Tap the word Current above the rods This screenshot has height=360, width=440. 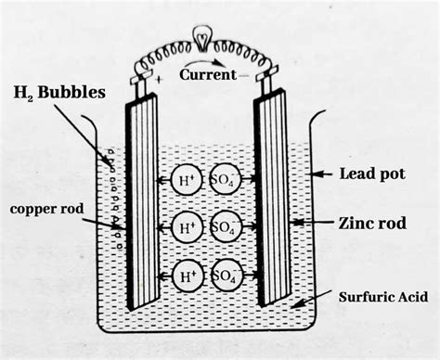[x=209, y=74]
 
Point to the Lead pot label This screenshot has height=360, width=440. [x=371, y=173]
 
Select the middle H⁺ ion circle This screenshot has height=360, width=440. [x=189, y=227]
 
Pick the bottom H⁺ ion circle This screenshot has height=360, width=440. [x=189, y=275]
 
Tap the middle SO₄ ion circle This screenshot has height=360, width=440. [x=223, y=227]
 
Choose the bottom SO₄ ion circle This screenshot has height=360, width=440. [x=223, y=275]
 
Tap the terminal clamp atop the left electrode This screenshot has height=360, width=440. [x=141, y=83]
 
